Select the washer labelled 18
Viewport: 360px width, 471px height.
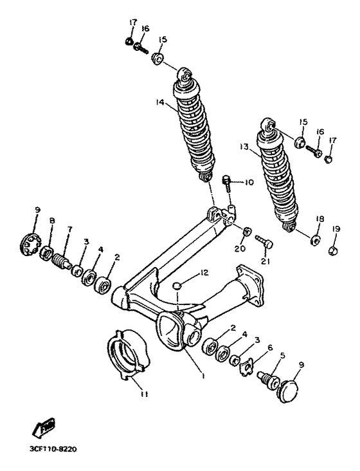[315, 241]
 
